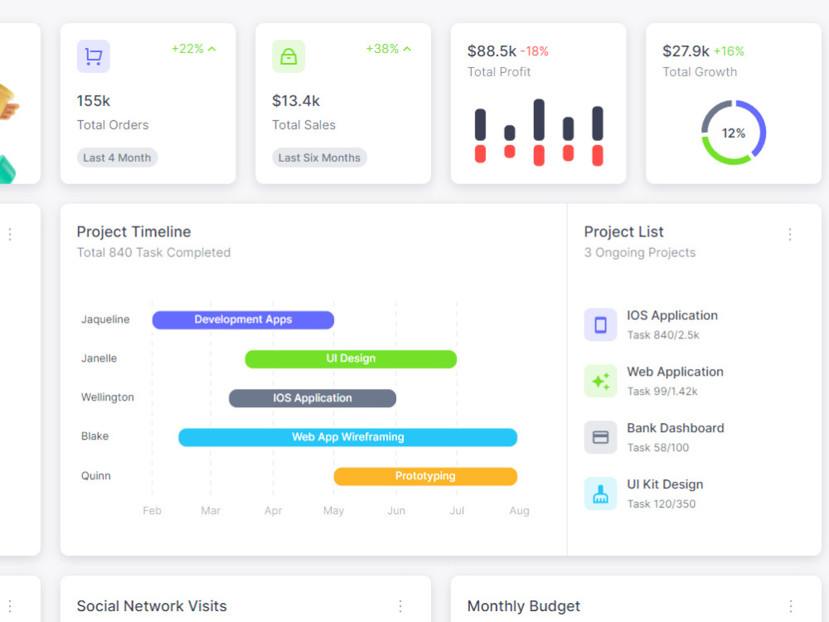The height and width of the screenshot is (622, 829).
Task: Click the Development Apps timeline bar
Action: (243, 319)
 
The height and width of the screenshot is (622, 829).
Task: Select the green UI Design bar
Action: (351, 358)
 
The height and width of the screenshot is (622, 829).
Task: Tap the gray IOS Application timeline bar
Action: (312, 398)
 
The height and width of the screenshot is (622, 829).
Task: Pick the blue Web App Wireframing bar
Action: (348, 437)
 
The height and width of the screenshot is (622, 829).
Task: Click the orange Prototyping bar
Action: (425, 476)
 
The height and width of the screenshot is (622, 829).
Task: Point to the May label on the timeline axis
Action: (333, 510)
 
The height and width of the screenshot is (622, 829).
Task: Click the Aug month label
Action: (519, 510)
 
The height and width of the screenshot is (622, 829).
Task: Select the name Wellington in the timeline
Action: (107, 397)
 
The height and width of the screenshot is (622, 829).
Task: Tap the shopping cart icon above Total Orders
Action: (94, 56)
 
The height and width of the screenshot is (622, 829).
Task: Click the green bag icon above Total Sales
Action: (288, 56)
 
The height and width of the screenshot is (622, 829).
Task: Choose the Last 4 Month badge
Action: (117, 158)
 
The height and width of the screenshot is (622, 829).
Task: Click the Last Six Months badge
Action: (319, 158)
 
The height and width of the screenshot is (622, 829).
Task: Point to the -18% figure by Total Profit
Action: (535, 51)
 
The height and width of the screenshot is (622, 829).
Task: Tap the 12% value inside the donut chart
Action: (734, 133)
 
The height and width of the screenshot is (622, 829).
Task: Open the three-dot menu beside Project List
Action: (790, 235)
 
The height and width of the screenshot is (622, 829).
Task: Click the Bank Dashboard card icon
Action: (600, 437)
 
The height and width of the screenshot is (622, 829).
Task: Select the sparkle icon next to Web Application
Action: (600, 381)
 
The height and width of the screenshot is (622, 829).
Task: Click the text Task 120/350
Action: (662, 503)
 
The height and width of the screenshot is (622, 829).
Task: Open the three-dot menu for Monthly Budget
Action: (790, 606)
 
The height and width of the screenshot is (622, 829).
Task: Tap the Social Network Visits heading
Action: (152, 606)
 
